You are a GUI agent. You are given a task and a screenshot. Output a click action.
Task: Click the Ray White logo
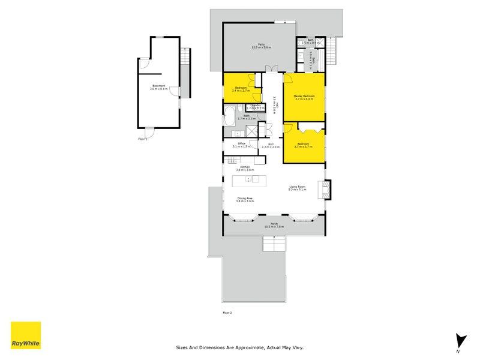pos(26,335)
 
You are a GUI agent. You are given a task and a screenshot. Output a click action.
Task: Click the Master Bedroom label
pos(304,97)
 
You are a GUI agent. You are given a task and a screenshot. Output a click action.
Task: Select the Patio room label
pos(262,45)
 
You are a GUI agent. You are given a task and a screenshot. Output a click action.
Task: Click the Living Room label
pos(297,188)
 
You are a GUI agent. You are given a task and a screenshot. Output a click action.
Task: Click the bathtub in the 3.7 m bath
pos(230,117)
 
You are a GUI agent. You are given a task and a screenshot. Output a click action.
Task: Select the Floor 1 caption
pos(142,138)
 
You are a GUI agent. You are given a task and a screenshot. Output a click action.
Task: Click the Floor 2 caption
pos(227,313)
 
